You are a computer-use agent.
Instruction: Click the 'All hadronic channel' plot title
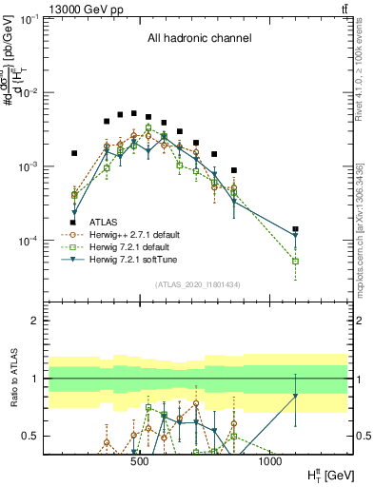click(x=199, y=39)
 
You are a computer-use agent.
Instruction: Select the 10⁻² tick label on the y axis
click(x=37, y=92)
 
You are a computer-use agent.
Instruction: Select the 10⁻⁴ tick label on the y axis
click(x=37, y=241)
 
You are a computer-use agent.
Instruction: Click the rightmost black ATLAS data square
click(x=296, y=229)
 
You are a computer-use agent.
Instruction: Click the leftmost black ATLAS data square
click(x=74, y=152)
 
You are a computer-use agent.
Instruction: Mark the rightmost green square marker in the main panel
click(x=296, y=261)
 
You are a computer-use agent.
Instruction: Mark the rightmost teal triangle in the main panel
click(x=296, y=236)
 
